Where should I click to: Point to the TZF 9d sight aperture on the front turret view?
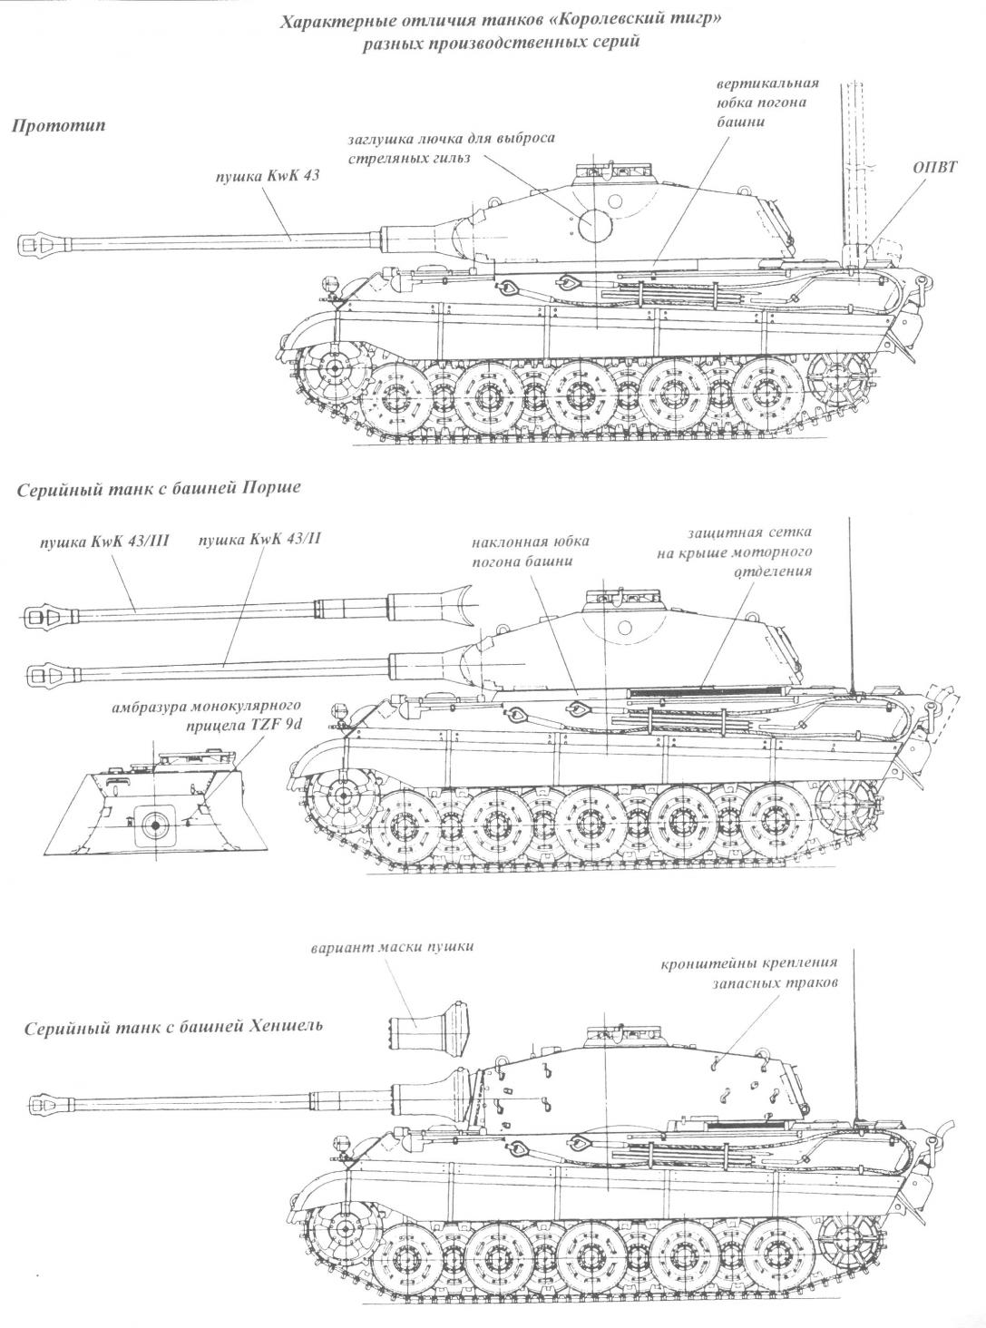[156, 823]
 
